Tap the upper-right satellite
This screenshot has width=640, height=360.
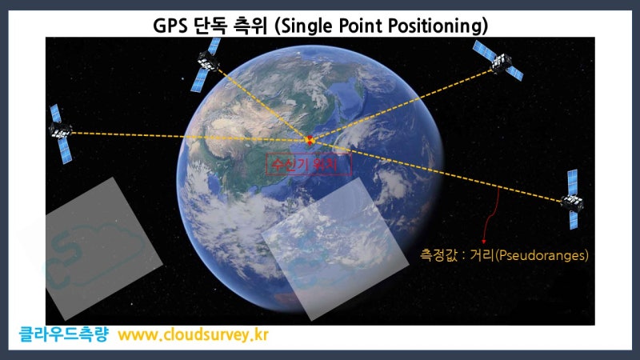pyautogui.click(x=498, y=60)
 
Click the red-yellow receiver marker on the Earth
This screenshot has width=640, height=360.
pyautogui.click(x=310, y=140)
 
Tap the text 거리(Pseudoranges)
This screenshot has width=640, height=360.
pyautogui.click(x=535, y=256)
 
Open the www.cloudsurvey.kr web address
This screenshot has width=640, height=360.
pyautogui.click(x=193, y=334)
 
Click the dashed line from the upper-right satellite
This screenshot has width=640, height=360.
pyautogui.click(x=400, y=106)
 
